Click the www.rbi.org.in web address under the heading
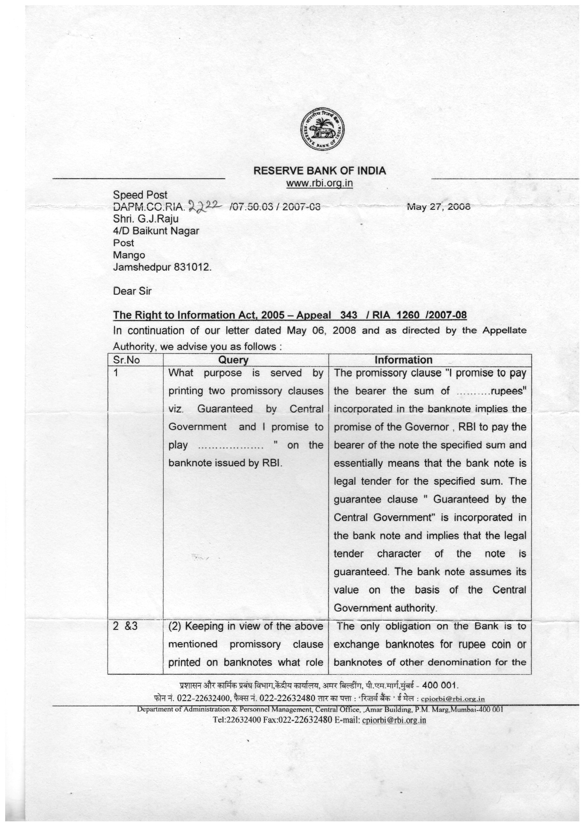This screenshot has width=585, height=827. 320,183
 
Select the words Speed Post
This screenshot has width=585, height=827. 140,195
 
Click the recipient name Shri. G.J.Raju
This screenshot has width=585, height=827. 146,219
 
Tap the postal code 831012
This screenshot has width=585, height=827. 193,267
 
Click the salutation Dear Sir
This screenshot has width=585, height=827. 132,291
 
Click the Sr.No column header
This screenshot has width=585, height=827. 127,360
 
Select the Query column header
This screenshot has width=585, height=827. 233,360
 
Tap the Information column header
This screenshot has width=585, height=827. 403,360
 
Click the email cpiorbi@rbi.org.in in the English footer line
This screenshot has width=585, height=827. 394,720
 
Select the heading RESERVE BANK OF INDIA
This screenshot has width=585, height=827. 320,171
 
